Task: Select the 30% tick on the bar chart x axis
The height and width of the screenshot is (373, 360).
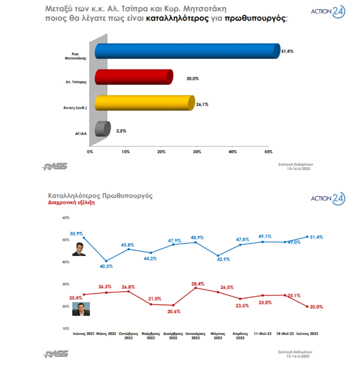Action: [x=197, y=152]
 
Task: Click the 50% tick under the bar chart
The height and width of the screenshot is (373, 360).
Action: [x=268, y=152]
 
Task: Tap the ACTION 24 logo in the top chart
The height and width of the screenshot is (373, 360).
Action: [x=327, y=11]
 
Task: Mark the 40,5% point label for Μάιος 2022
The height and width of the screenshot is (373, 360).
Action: [x=106, y=266]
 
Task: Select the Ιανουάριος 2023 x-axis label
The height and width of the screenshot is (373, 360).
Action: [x=196, y=336]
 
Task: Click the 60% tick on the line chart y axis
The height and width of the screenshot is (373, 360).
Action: [x=65, y=218]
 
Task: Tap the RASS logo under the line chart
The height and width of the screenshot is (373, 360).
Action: [x=56, y=354]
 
